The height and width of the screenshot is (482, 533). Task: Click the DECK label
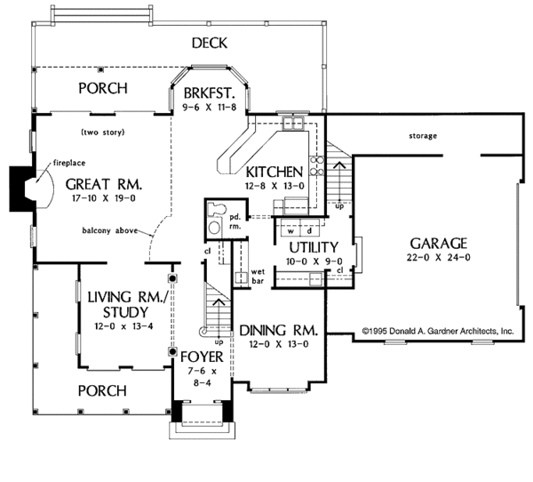pos(210,44)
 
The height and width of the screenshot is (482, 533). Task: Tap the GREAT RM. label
pos(104,184)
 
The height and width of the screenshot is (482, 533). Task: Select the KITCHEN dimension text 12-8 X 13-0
pos(274,186)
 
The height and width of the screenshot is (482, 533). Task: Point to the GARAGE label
pos(439,244)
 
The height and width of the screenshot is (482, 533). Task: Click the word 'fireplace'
pos(69,163)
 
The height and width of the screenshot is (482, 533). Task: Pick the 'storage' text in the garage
pos(423,136)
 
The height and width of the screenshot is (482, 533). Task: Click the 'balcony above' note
pos(110,231)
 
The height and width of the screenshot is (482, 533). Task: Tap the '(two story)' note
pos(103,133)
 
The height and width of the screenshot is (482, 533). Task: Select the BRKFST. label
pos(210,92)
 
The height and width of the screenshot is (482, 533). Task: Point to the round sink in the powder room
pos(214,228)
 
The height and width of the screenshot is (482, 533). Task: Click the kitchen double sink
pos(292,123)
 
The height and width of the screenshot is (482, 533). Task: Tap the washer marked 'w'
pos(291,228)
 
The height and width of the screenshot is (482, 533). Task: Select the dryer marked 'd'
pos(310,228)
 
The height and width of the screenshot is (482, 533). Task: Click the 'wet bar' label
pos(258,277)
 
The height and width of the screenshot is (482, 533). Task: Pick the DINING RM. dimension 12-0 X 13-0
pos(279,344)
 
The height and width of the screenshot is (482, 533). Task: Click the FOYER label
pos(202,357)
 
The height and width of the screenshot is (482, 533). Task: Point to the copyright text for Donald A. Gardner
pos(438,331)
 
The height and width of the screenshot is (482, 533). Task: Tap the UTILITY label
pos(314,247)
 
